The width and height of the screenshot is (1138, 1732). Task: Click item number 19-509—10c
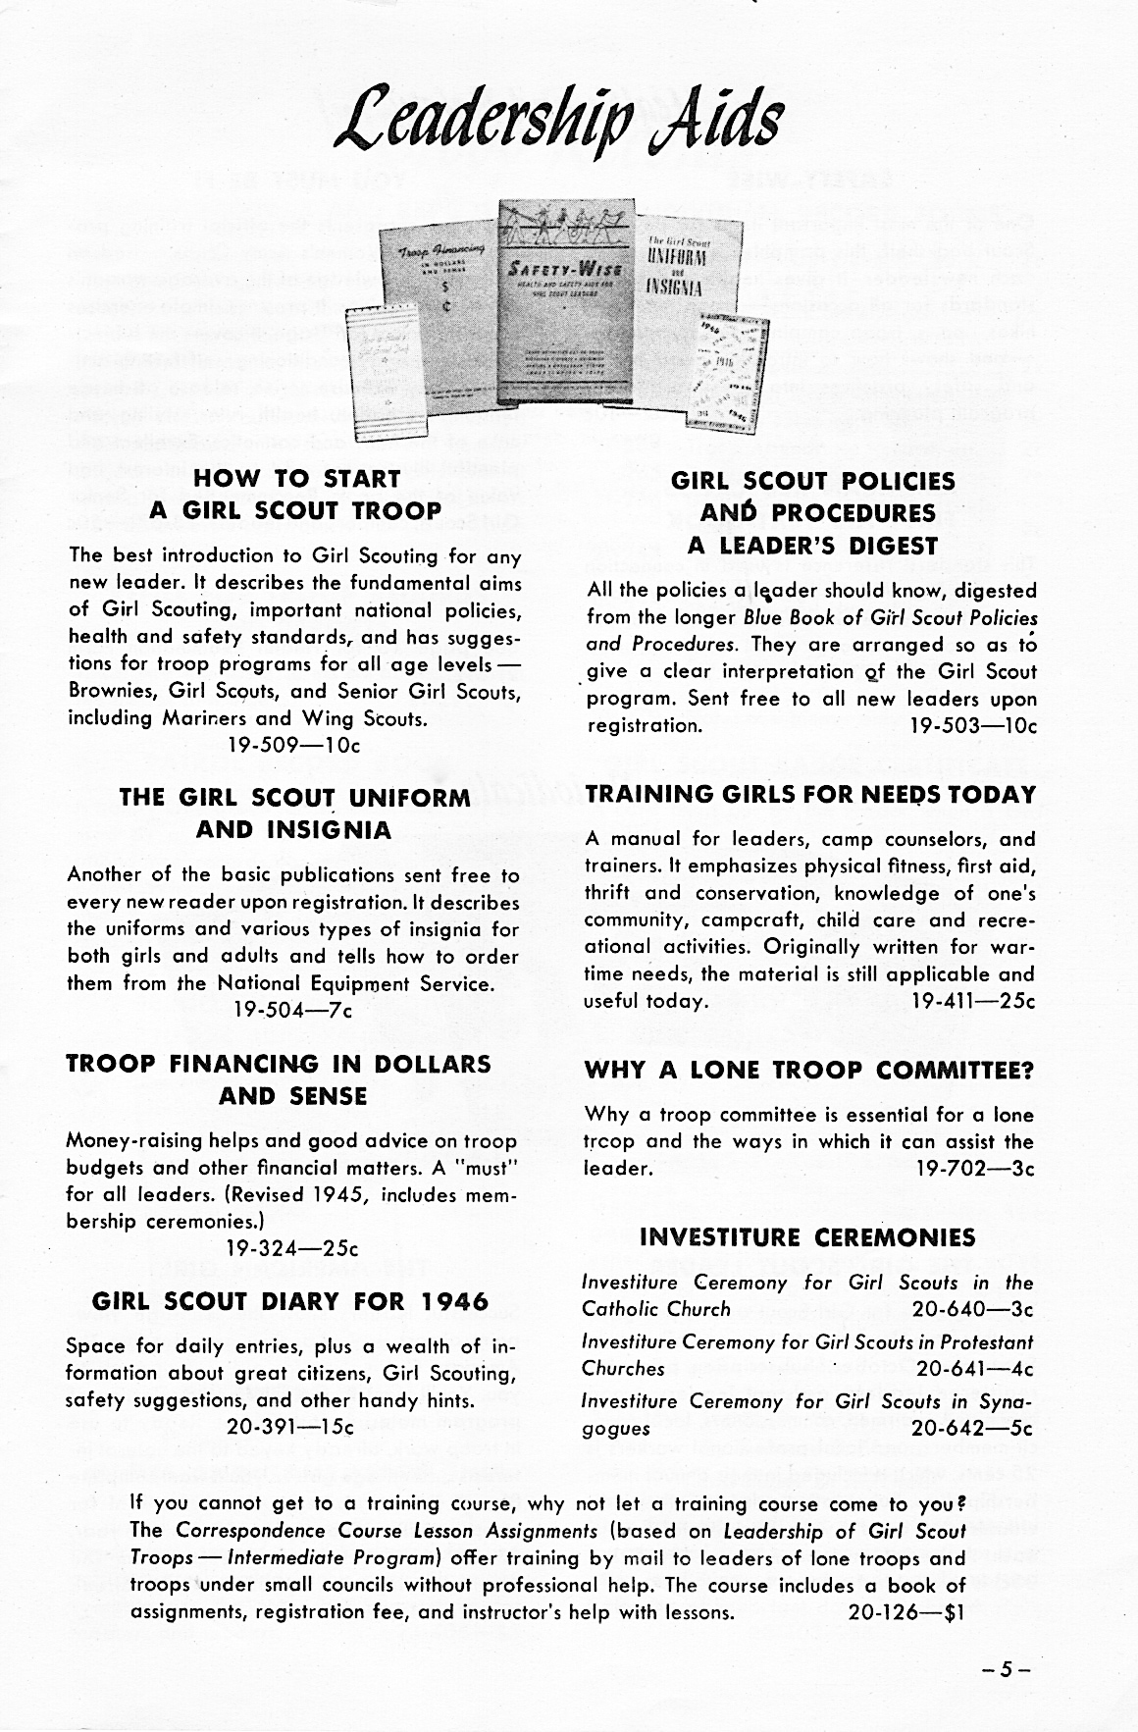pos(294,745)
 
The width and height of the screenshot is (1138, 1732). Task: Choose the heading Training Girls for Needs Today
pos(810,795)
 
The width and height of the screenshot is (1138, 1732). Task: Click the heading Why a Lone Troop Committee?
pos(810,1072)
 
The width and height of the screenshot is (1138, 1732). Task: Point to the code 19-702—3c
pos(975,1169)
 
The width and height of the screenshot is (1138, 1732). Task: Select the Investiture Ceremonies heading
pos(807,1237)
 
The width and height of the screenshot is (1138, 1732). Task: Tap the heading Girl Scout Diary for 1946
pos(289,1302)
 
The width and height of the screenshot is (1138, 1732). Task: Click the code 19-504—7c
pos(290,1010)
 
